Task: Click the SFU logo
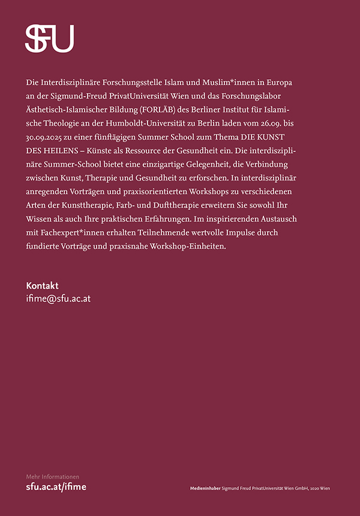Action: (x=49, y=38)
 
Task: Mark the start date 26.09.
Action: (x=263, y=123)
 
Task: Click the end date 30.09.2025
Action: (x=47, y=137)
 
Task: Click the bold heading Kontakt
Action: (x=42, y=286)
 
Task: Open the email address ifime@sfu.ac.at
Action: (x=58, y=298)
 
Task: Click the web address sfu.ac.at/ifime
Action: (x=56, y=487)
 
